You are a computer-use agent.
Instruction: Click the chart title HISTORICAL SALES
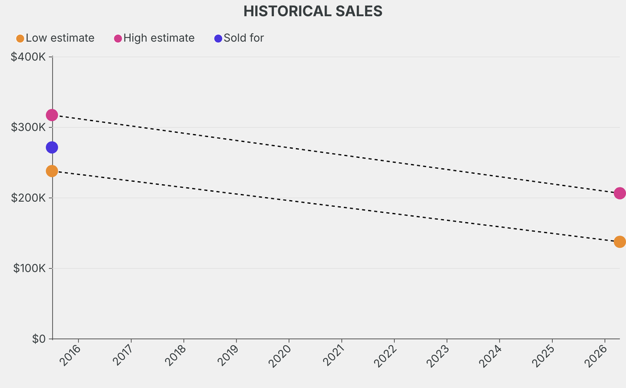(313, 11)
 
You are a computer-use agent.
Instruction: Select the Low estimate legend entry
(59, 38)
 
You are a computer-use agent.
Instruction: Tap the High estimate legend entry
(158, 38)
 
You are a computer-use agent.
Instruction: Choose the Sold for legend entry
(243, 38)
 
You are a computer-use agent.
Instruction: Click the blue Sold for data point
(52, 147)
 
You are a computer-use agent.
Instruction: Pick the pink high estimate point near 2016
(52, 115)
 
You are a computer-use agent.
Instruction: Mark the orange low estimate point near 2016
(52, 171)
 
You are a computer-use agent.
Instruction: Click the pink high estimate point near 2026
(619, 193)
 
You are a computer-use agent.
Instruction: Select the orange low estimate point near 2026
(619, 242)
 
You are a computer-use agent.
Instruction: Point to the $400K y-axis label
(28, 57)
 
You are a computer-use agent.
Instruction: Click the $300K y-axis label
(28, 127)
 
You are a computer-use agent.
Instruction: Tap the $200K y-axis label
(28, 198)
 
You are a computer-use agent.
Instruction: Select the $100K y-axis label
(28, 268)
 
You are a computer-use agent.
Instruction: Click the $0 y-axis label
(39, 339)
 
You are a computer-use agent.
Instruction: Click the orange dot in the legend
(20, 39)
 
